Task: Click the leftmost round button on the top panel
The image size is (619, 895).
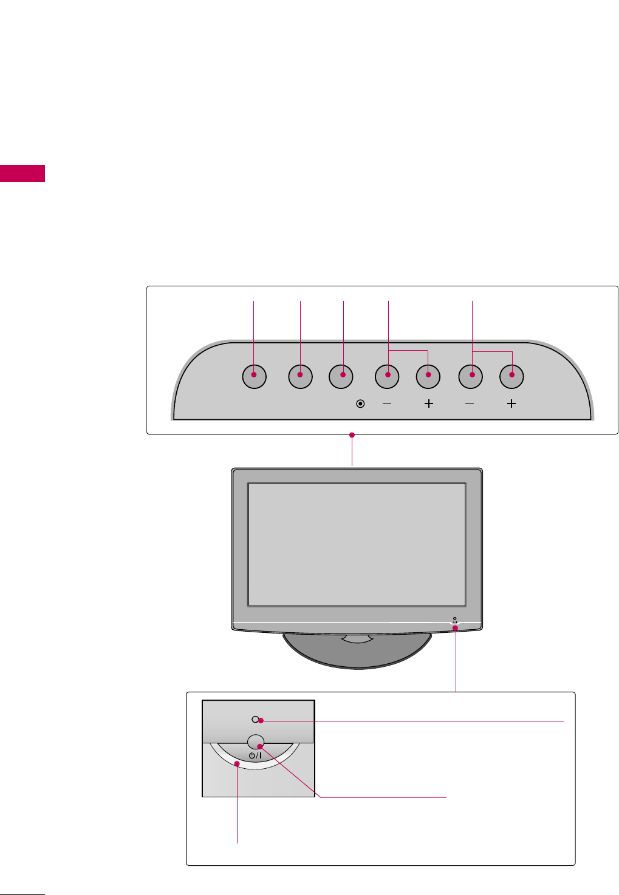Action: click(x=254, y=376)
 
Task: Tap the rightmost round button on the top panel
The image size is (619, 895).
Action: click(x=511, y=376)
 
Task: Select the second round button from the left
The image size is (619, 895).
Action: click(x=300, y=376)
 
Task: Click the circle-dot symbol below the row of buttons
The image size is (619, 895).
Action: click(x=360, y=404)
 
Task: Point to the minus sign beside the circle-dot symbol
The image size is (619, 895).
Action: click(x=387, y=404)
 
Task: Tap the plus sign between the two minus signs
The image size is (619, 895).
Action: click(x=428, y=404)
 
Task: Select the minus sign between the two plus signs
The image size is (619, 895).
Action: click(x=470, y=404)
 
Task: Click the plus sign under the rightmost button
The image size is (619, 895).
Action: click(x=511, y=404)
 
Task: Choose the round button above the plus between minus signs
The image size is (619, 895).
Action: click(x=428, y=376)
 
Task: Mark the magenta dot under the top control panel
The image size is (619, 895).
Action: click(x=352, y=434)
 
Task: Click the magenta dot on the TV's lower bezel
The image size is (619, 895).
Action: click(x=456, y=628)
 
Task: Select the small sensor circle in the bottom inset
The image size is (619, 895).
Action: click(x=255, y=720)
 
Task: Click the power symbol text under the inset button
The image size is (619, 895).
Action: click(x=255, y=755)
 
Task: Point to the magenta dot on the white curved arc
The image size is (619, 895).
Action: click(x=238, y=765)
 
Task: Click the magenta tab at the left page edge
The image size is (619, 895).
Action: click(x=22, y=173)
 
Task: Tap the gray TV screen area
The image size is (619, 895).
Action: click(x=357, y=544)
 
